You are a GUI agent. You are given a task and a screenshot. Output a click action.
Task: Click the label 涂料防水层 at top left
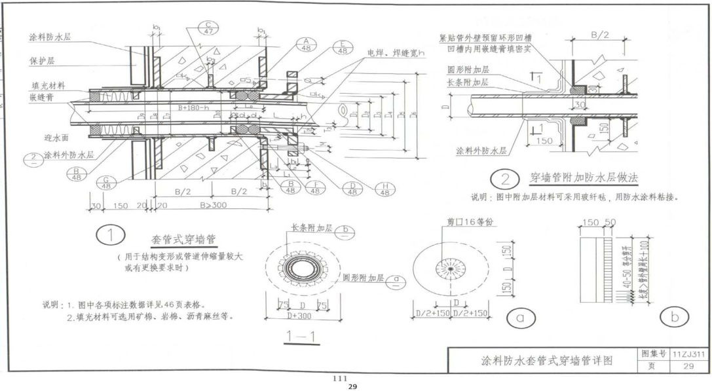(x=49, y=37)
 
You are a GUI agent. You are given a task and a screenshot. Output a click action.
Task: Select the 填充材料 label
(x=47, y=85)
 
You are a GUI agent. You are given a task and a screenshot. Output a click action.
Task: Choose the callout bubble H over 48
(x=384, y=189)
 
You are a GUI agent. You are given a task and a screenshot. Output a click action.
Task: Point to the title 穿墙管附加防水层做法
(x=584, y=178)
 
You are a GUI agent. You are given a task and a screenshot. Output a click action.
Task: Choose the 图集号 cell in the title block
(x=653, y=354)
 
